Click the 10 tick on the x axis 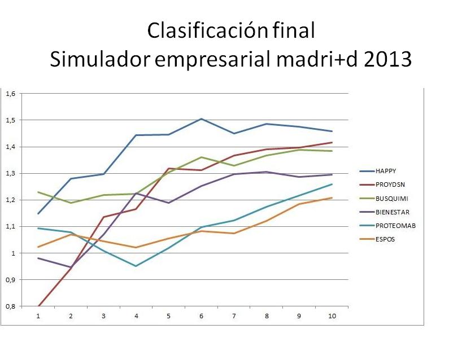tap(332, 316)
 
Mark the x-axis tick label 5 tap(169, 316)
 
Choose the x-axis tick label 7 tap(234, 316)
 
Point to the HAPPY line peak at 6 tap(201, 119)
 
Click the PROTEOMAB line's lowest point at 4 tap(136, 266)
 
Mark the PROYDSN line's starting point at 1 tap(38, 306)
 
